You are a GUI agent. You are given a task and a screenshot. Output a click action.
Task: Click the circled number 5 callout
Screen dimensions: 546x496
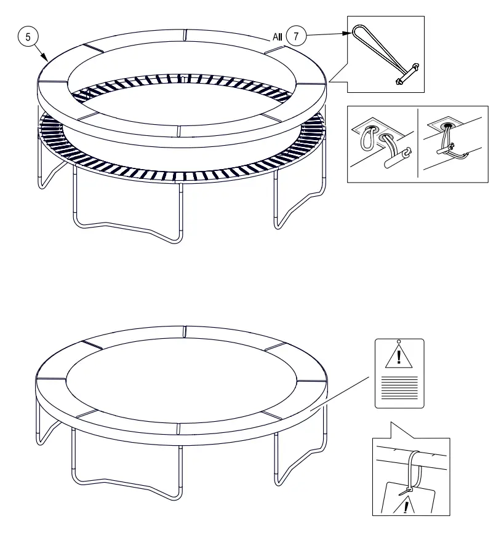coord(27,38)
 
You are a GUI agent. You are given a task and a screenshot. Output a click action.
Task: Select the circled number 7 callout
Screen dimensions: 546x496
coord(296,37)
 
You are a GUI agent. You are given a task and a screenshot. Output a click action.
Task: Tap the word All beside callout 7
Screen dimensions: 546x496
coord(277,38)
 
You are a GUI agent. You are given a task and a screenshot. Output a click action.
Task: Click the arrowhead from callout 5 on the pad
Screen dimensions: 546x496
coord(46,58)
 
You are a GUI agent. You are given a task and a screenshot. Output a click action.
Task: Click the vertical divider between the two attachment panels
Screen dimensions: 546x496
coord(418,144)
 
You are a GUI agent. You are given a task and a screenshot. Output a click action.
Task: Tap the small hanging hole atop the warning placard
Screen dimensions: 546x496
coord(399,341)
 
